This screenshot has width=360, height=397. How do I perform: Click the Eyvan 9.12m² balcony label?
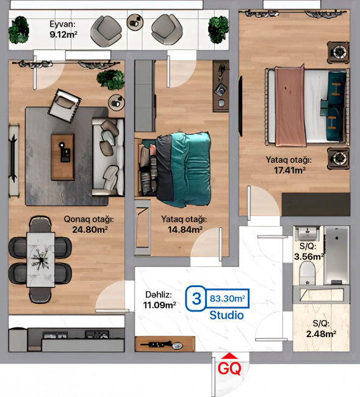pyautogui.click(x=63, y=29)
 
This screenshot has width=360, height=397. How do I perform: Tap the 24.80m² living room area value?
pyautogui.click(x=90, y=230)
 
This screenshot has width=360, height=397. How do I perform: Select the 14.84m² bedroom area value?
pyautogui.click(x=185, y=230)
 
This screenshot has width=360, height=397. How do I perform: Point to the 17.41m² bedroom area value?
pyautogui.click(x=290, y=170)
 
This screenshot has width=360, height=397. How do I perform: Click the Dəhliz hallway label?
pyautogui.click(x=159, y=295)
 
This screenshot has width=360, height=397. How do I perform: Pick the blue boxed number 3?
pyautogui.click(x=196, y=299)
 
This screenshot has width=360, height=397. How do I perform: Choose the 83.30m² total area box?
pyautogui.click(x=227, y=299)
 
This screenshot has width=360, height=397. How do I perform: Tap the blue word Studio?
pyautogui.click(x=226, y=315)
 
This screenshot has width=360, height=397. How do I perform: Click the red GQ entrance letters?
pyautogui.click(x=229, y=368)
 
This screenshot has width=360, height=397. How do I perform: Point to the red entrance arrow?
pyautogui.click(x=229, y=356)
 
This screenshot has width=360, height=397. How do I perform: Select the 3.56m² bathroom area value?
pyautogui.click(x=309, y=257)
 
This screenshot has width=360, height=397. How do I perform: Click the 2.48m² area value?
pyautogui.click(x=321, y=334)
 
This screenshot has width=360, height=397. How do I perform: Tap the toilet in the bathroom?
pyautogui.click(x=307, y=273)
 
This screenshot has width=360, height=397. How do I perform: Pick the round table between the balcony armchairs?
pyautogui.click(x=135, y=23)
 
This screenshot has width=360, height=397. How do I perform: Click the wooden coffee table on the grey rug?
pyautogui.click(x=63, y=157)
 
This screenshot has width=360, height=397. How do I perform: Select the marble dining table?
pyautogui.click(x=41, y=260)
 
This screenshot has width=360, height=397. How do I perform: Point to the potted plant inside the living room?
pyautogui.click(x=110, y=79)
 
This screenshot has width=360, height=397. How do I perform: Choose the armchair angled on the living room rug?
pyautogui.click(x=65, y=105)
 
